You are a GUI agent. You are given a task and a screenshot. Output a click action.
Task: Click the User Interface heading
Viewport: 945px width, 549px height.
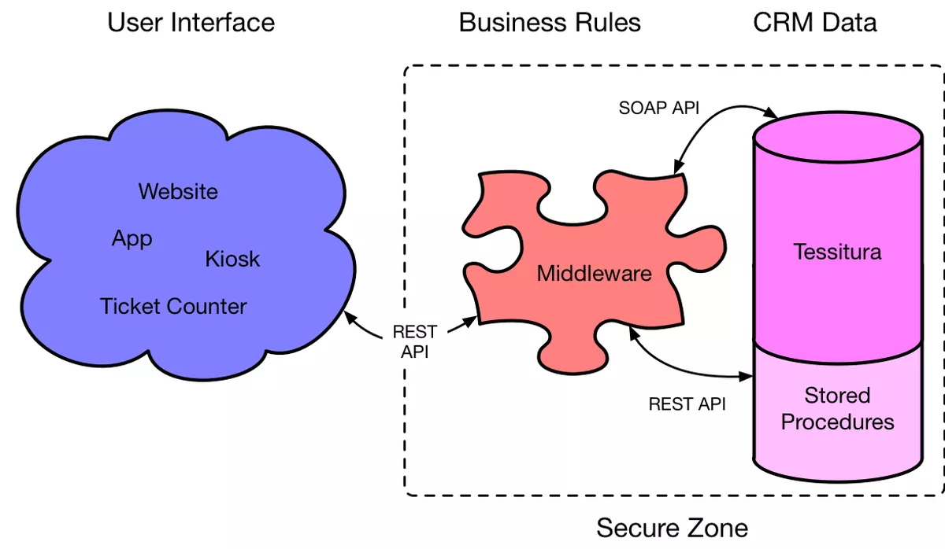pos(191,22)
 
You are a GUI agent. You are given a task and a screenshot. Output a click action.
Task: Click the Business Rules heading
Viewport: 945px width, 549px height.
pos(550,22)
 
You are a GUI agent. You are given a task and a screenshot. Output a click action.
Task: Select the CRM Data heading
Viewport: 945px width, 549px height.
pos(815,22)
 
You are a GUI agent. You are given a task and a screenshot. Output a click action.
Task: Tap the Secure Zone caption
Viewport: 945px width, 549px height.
pos(672,526)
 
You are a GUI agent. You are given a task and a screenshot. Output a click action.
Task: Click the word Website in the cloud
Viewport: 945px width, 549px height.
pos(178,191)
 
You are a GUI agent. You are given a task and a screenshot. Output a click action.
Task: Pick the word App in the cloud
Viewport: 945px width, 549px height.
pos(132,238)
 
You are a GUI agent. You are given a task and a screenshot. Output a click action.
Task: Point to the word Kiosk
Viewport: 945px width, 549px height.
pos(232,259)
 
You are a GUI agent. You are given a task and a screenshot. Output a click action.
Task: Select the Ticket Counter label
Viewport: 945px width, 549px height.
pos(173,306)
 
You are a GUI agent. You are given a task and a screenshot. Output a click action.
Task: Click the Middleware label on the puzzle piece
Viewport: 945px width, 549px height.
pos(595,274)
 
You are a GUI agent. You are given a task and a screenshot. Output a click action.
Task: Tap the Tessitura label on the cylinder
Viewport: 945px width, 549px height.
pos(837,252)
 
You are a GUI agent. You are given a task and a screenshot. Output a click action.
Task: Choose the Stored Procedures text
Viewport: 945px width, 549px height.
pos(837,409)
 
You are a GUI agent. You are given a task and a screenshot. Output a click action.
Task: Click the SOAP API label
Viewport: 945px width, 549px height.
pos(659,108)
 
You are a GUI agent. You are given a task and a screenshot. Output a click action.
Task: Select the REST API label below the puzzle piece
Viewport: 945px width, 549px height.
pos(687,404)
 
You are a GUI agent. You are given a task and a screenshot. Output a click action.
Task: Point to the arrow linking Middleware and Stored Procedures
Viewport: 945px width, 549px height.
pos(677,367)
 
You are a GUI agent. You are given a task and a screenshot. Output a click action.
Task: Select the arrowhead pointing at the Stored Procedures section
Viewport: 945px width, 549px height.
pos(745,377)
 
